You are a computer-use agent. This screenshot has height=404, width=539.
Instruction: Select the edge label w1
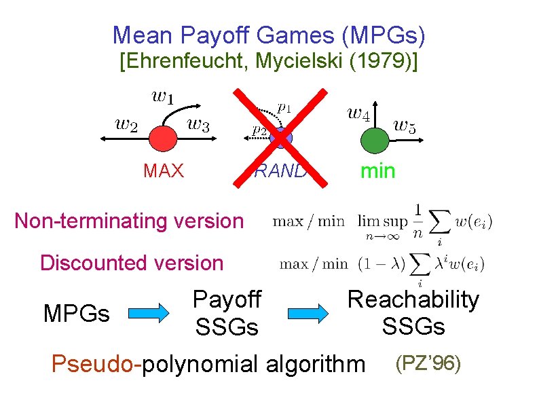162,96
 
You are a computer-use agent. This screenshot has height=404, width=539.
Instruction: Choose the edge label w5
405,125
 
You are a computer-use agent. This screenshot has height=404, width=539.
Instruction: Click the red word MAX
164,170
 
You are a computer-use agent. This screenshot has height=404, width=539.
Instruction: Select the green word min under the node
377,170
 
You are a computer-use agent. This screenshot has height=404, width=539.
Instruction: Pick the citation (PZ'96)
428,363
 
